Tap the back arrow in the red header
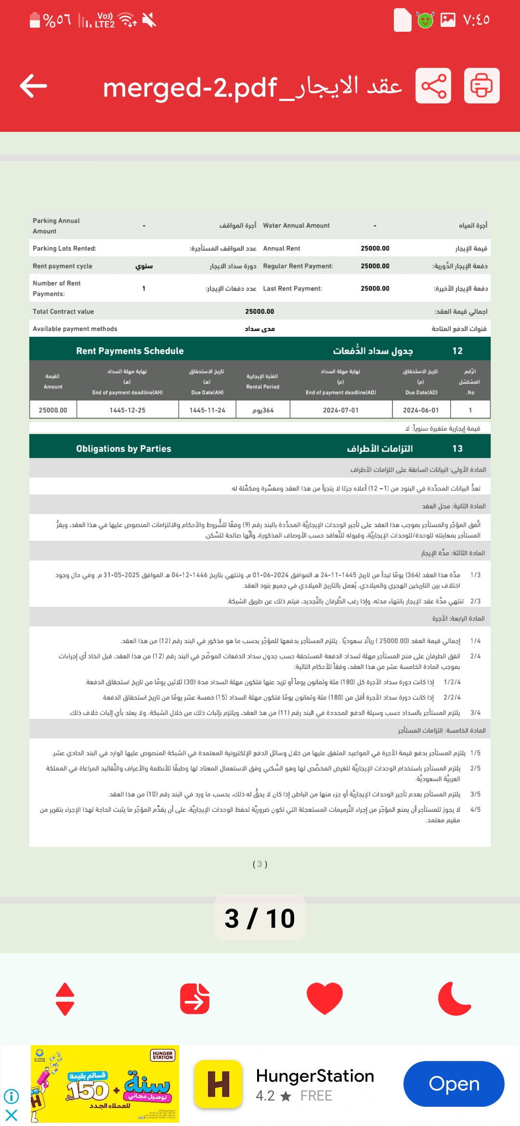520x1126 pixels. click(34, 86)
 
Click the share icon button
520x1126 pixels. click(433, 86)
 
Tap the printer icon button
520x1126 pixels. click(481, 86)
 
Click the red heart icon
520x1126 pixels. click(325, 998)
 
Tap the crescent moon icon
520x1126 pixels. click(454, 998)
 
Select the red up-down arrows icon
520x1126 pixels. click(65, 999)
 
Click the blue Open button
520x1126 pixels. click(454, 1084)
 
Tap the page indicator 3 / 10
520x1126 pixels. click(260, 918)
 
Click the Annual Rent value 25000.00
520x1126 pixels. click(375, 248)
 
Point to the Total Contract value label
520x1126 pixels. click(63, 311)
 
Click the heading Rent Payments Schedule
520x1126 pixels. click(130, 351)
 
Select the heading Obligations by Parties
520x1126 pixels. click(124, 448)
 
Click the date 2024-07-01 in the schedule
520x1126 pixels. click(341, 410)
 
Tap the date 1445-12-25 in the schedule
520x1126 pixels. click(128, 410)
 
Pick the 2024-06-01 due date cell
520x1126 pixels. click(421, 410)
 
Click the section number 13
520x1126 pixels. click(457, 448)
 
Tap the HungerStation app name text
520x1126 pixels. click(315, 1075)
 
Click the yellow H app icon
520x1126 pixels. click(218, 1084)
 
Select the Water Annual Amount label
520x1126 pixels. click(296, 225)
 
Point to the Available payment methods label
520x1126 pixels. click(75, 329)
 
